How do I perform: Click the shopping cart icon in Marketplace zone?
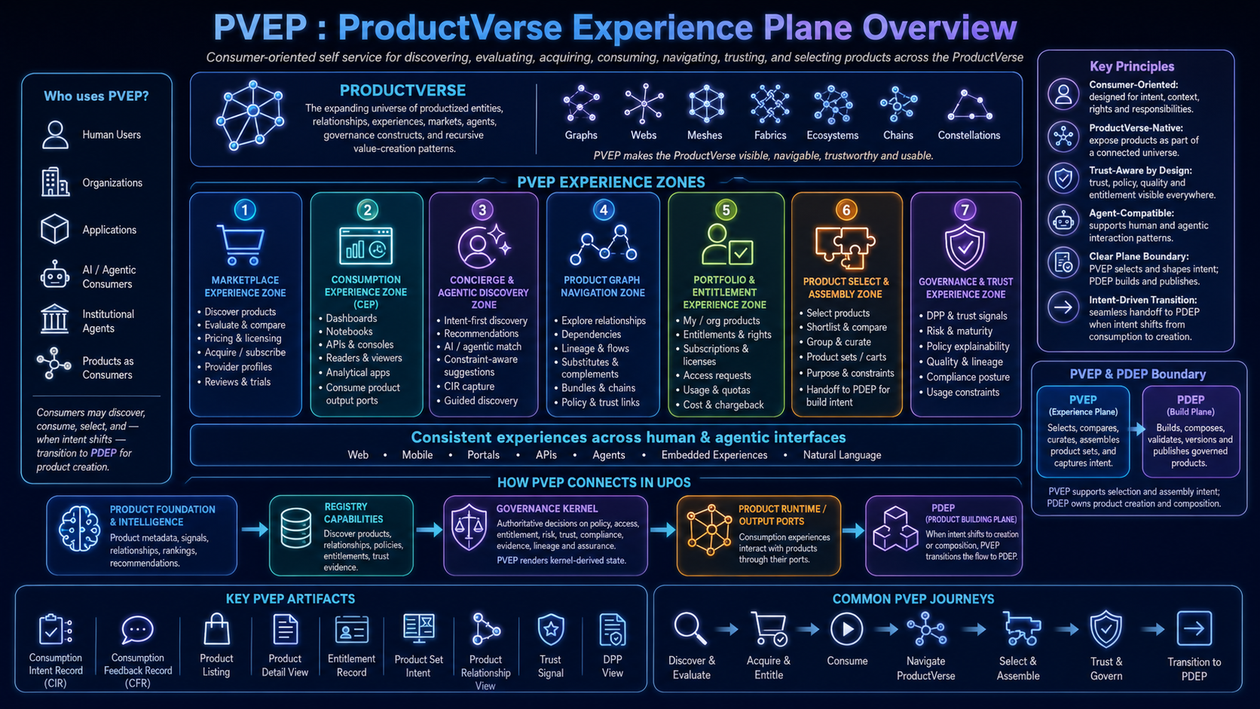pos(241,245)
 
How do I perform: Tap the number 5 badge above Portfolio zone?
pos(726,210)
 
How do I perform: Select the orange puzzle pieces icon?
pos(845,247)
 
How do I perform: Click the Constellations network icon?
pos(969,105)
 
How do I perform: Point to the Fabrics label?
pos(770,136)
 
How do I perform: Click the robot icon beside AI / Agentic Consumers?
pos(54,275)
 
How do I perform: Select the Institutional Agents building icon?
pos(54,319)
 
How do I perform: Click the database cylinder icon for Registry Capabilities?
pos(296,528)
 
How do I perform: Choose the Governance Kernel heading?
pos(547,509)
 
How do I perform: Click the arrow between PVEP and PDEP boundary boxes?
pos(1137,429)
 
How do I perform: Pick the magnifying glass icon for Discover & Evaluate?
pos(690,628)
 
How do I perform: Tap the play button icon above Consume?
pos(846,628)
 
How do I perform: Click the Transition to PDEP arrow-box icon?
pos(1194,628)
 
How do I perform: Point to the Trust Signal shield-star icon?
pos(551,629)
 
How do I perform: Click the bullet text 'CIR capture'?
pos(469,387)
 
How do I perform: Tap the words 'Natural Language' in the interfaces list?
pos(842,455)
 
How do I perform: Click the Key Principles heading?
pos(1132,66)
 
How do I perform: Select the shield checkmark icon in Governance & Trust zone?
pos(965,247)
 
